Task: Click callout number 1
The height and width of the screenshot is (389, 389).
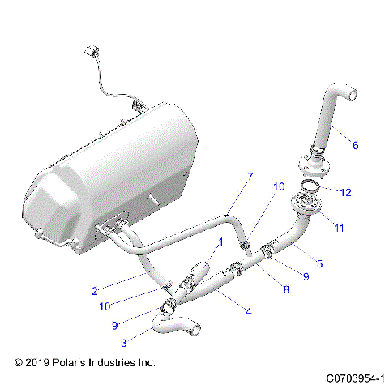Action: point(218,242)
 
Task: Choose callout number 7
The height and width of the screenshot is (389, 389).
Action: point(250,177)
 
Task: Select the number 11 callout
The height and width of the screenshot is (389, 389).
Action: point(340,229)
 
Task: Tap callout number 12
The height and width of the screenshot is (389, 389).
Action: point(346,193)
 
